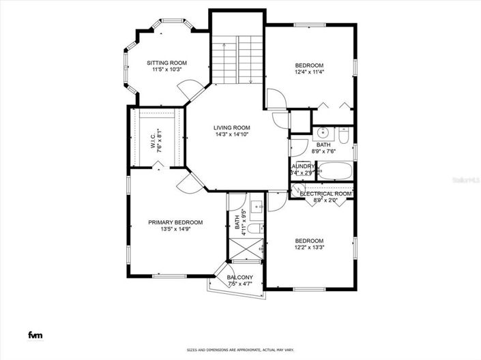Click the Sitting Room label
click(167, 63)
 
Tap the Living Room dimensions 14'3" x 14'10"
click(231, 135)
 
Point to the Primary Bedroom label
click(175, 222)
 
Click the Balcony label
click(240, 277)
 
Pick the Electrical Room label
click(325, 194)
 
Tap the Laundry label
click(302, 166)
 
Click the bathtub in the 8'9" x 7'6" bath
click(336, 171)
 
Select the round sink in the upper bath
click(323, 132)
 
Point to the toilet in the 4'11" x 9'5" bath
click(253, 228)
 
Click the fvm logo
click(34, 334)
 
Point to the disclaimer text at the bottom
click(240, 350)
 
